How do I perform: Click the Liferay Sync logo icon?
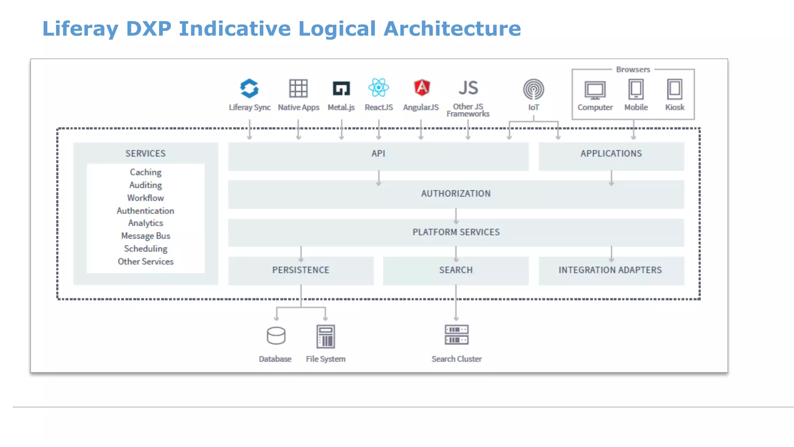pos(249,88)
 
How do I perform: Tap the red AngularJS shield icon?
pos(421,88)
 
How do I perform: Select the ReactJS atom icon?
pos(378,88)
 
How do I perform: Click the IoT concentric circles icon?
pos(533,89)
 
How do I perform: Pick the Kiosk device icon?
pos(675,89)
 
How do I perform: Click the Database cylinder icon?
pos(276,336)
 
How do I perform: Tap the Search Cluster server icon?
pos(456,335)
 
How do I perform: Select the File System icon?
pos(326,336)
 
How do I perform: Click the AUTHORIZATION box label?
pos(456,194)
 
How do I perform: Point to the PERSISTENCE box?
pos(300,270)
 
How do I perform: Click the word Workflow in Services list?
pos(145,198)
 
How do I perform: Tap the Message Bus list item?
pos(145,236)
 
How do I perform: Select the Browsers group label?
pos(633,69)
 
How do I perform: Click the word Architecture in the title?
pos(452,29)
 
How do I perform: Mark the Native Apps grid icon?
pos(298,88)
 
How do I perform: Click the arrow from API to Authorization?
pos(378,178)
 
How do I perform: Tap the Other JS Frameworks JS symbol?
pos(468,88)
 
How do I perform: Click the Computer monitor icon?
pos(595,90)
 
